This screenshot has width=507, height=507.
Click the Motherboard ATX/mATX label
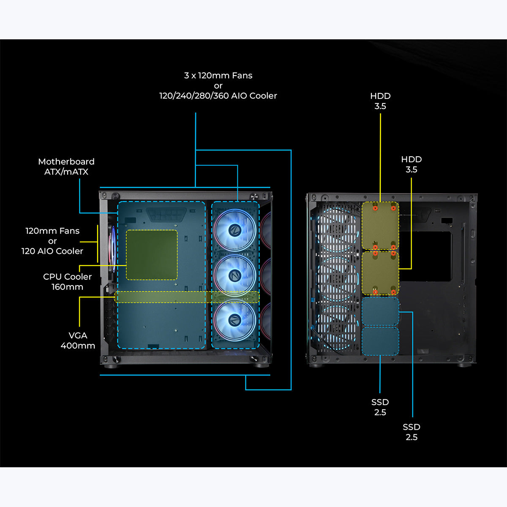pyautogui.click(x=66, y=166)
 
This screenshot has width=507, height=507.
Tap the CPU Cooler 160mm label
pyautogui.click(x=67, y=281)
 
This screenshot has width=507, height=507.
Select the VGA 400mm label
pyautogui.click(x=78, y=340)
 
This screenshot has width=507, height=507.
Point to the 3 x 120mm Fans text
pyautogui.click(x=218, y=76)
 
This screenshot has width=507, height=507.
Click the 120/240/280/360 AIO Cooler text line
pyautogui.click(x=218, y=96)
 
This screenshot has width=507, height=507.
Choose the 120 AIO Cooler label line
pyautogui.click(x=52, y=251)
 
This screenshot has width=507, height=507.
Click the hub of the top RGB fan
pyautogui.click(x=234, y=230)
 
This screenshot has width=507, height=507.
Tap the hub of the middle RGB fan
pyautogui.click(x=234, y=275)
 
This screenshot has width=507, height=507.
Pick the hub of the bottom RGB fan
pyautogui.click(x=234, y=320)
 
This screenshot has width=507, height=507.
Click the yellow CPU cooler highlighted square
pyautogui.click(x=152, y=254)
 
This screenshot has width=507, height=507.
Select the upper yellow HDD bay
pyautogui.click(x=380, y=226)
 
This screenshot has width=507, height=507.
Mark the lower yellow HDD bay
pyautogui.click(x=380, y=273)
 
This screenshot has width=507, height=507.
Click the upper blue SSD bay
pyautogui.click(x=380, y=311)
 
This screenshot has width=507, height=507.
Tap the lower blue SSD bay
pyautogui.click(x=380, y=341)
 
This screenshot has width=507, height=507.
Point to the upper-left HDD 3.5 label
pyautogui.click(x=380, y=101)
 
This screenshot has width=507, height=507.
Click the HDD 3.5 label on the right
pyautogui.click(x=412, y=164)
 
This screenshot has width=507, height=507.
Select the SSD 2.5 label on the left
pyautogui.click(x=380, y=407)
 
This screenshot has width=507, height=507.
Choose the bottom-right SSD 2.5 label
pyautogui.click(x=412, y=432)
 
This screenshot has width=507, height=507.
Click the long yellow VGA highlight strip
pyautogui.click(x=187, y=297)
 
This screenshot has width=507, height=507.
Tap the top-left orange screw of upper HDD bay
pyautogui.click(x=375, y=208)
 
